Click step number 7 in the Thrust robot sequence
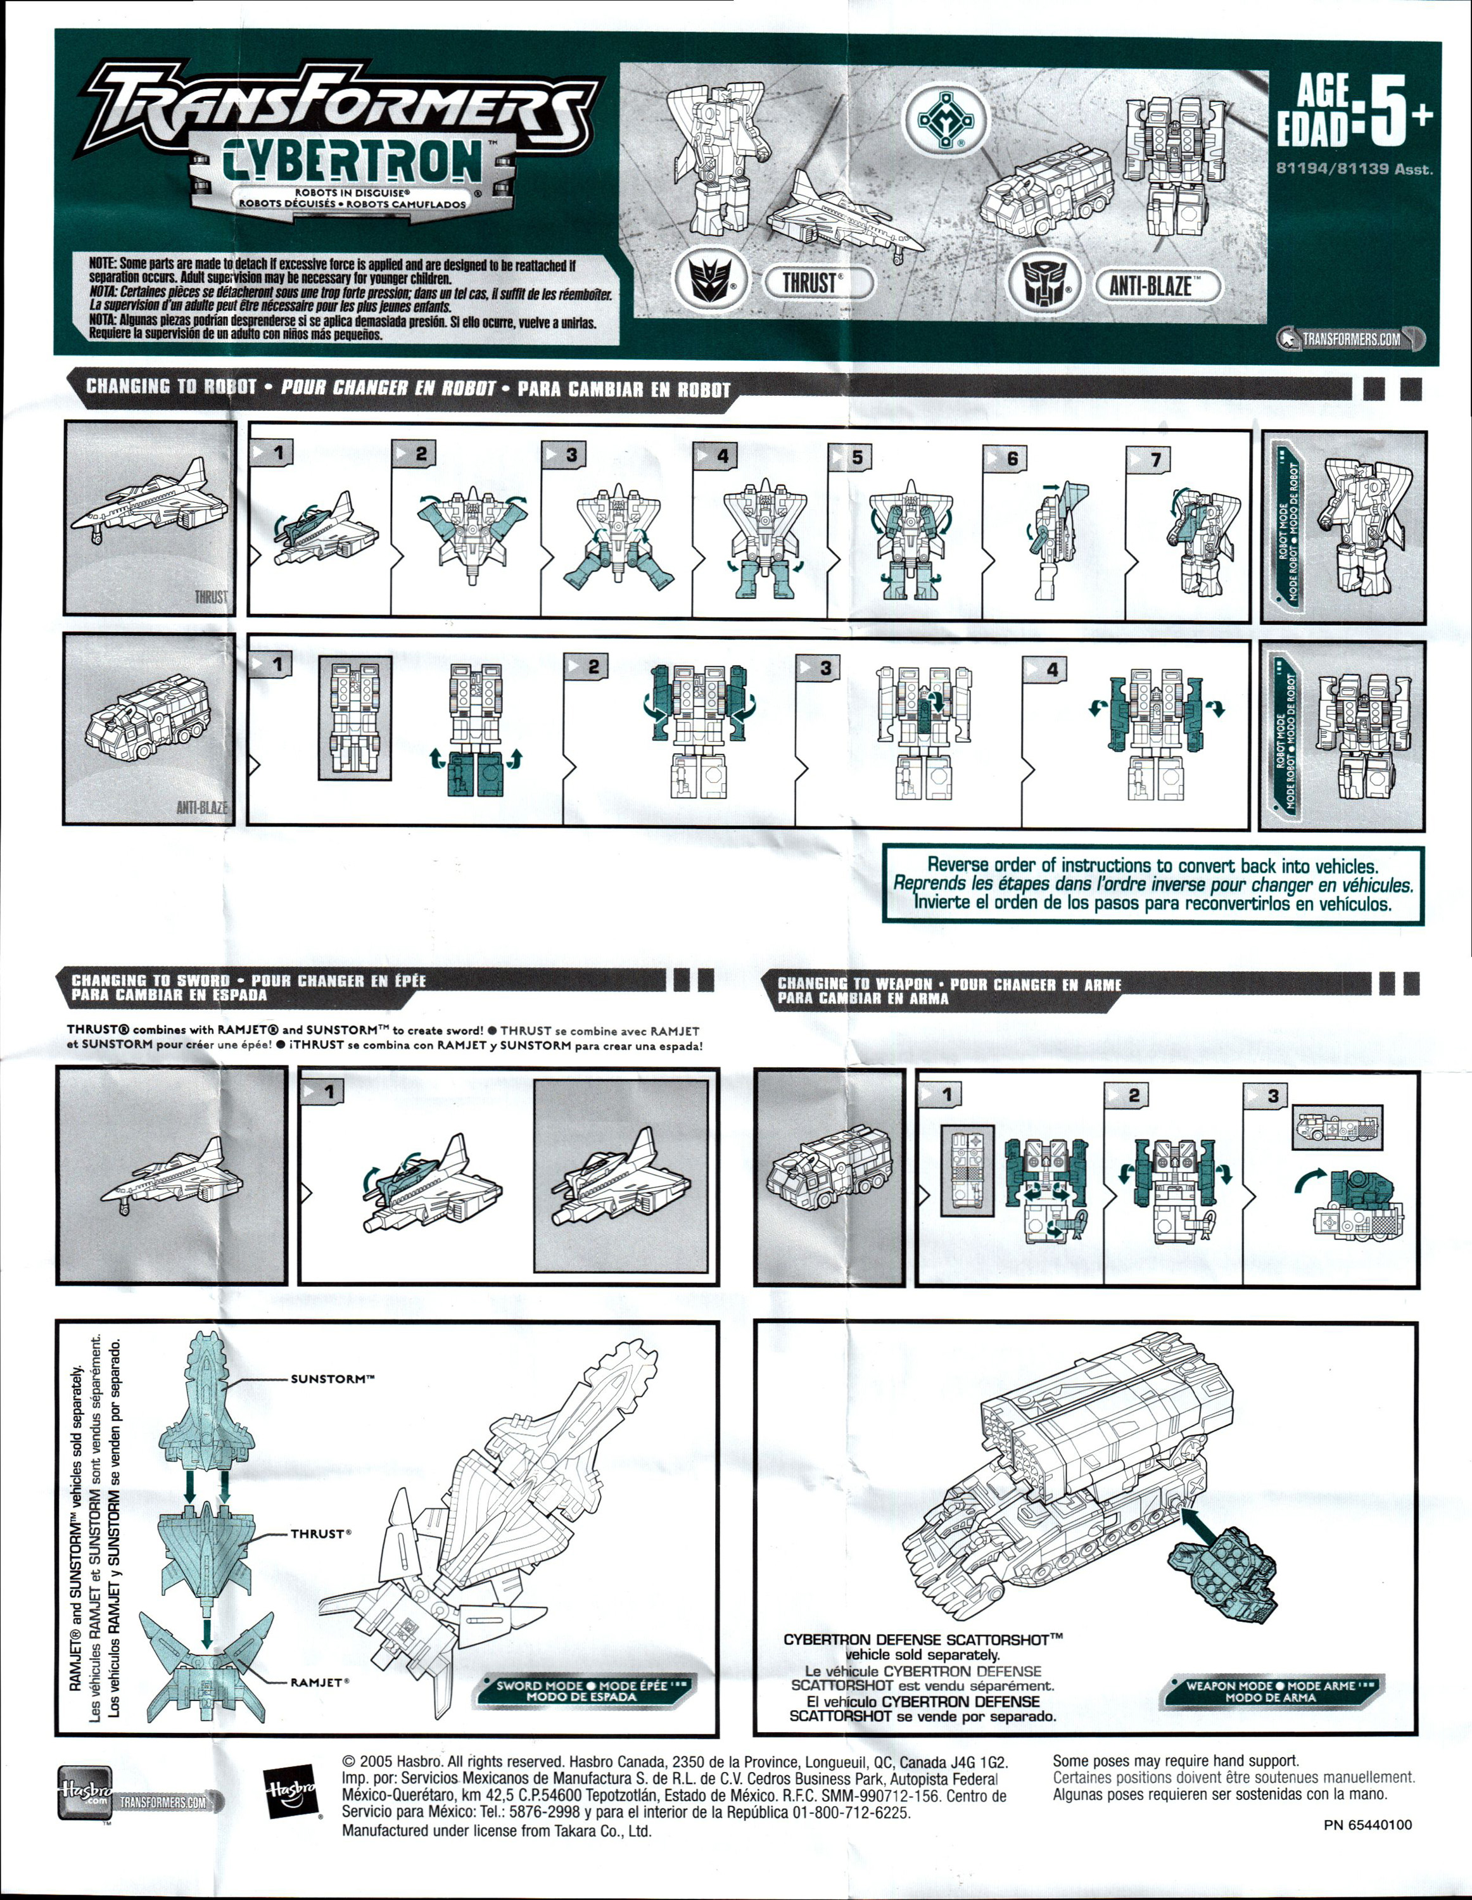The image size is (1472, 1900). [x=1155, y=459]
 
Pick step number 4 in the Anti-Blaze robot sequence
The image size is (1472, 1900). [x=1052, y=670]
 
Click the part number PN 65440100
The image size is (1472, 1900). [x=1367, y=1824]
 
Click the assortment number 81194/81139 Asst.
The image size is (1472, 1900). [x=1354, y=168]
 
